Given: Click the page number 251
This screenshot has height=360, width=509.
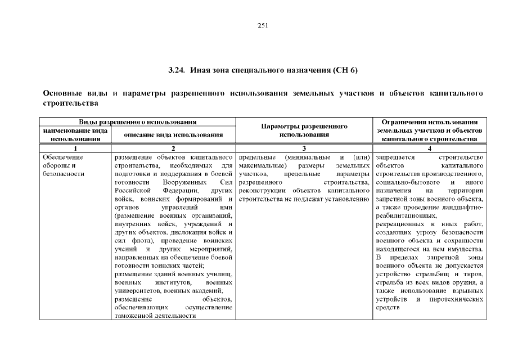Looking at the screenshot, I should coord(262,25).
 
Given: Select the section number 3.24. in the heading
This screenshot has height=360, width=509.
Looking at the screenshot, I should coord(177,70).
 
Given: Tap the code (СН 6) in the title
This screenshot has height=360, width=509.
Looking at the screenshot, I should coord(345,70).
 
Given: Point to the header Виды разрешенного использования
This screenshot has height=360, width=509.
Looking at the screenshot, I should coord(137,121).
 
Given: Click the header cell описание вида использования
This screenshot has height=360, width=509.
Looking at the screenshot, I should coord(173,134).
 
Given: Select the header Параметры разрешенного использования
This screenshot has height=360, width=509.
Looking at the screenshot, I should coord(303,130).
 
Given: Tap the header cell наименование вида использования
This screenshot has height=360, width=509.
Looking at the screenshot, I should coord(75,134).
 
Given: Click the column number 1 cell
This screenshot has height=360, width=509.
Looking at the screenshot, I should coord(75,148).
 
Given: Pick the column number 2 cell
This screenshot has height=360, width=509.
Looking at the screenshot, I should coord(173,148).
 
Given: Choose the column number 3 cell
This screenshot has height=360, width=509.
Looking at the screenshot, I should coord(303,148).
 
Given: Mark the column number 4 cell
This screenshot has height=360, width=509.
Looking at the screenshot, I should coord(430,148).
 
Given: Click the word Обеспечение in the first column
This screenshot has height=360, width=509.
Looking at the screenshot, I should coord(63,157).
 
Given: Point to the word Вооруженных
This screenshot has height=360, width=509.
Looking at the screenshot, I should coord(183,183).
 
